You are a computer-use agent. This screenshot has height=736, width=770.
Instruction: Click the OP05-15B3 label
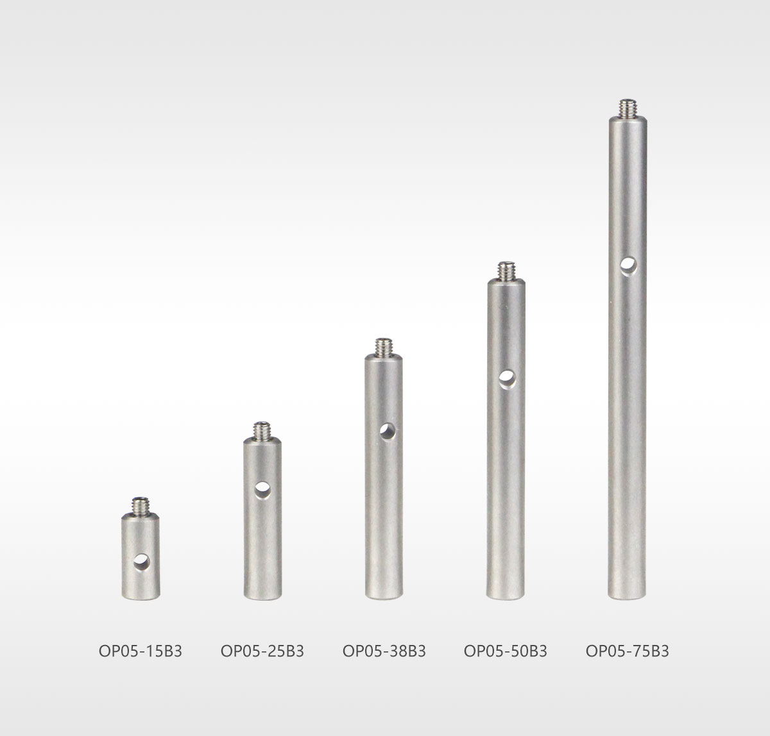click(140, 651)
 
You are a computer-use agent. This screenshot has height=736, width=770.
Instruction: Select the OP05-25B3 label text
click(262, 651)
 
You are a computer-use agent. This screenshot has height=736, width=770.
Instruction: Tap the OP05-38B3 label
click(384, 651)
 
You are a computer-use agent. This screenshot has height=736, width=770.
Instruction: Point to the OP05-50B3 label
click(505, 651)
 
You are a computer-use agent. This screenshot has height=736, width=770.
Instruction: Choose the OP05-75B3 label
click(627, 651)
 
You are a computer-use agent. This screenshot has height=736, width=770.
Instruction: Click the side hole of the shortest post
click(142, 562)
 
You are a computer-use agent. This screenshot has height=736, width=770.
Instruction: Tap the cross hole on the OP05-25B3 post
click(262, 490)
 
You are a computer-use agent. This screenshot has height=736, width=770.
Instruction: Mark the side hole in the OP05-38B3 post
click(388, 431)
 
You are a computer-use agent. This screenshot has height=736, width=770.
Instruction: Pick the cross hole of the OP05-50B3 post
click(508, 380)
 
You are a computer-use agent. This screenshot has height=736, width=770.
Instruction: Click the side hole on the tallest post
click(629, 266)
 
